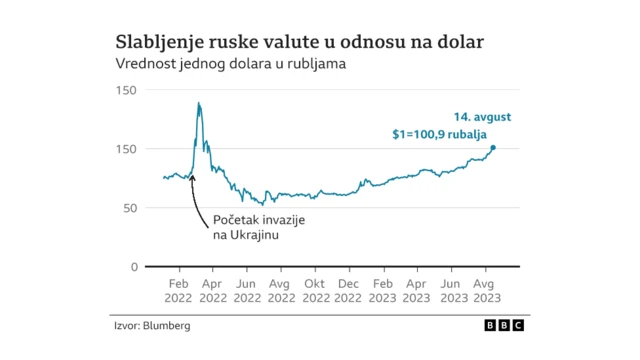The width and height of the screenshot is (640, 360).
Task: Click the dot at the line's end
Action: click(492, 148)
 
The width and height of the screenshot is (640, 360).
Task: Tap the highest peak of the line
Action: click(199, 103)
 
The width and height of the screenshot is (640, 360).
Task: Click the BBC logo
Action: click(504, 326)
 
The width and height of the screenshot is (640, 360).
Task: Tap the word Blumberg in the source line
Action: click(166, 326)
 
